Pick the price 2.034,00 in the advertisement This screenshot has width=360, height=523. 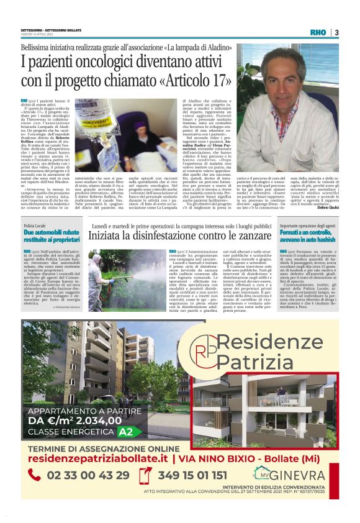coord(102,421)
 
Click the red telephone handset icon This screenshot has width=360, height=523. coord(35,476)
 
